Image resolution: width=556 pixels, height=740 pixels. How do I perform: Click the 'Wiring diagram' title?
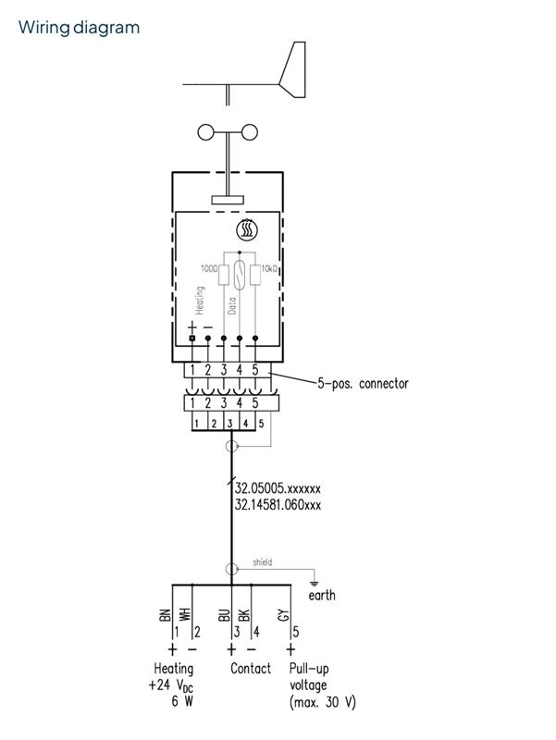(x=79, y=27)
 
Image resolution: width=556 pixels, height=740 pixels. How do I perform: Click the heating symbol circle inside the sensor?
(x=248, y=230)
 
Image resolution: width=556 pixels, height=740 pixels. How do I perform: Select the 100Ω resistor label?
(x=209, y=268)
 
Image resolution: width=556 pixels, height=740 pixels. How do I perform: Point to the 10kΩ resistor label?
(x=271, y=268)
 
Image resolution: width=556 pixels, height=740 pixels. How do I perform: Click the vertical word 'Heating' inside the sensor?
(x=199, y=301)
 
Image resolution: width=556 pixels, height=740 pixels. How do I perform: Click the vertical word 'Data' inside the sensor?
(x=232, y=306)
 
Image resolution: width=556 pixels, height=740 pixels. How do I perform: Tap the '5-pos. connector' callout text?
(x=363, y=382)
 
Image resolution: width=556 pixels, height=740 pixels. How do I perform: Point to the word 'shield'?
(x=262, y=561)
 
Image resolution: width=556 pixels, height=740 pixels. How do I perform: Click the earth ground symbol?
(x=315, y=582)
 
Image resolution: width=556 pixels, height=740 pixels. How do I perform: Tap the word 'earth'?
(x=322, y=596)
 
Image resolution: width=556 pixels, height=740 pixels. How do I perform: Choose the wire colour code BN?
(x=166, y=613)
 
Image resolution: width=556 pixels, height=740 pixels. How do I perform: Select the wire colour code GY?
(x=283, y=613)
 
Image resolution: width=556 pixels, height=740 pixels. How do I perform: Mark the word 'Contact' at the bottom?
(x=251, y=668)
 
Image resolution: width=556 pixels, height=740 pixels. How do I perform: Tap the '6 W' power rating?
(x=181, y=702)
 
